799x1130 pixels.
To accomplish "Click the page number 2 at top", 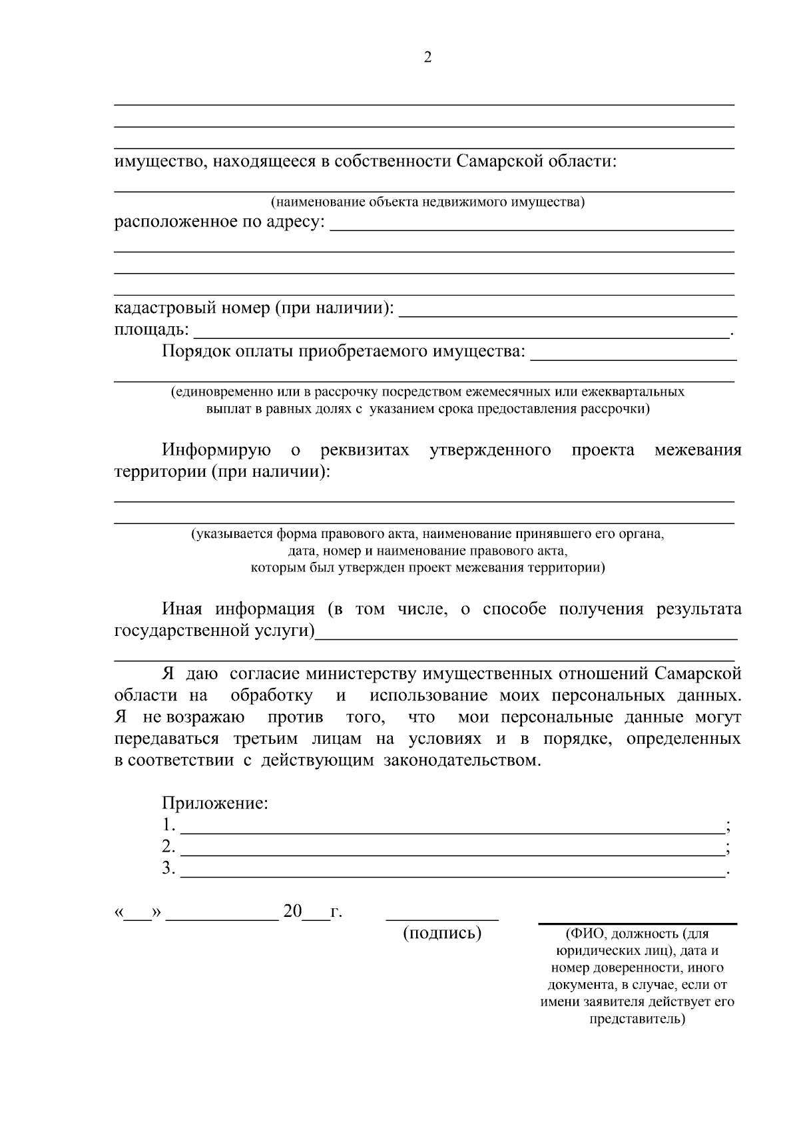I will tap(427, 57).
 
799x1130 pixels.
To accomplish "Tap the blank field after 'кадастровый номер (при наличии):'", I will tap(567, 314).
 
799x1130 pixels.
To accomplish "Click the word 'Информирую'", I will tap(216, 450).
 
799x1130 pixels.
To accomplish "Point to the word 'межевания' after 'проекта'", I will tap(697, 450).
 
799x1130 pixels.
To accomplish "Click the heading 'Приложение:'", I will tap(215, 803).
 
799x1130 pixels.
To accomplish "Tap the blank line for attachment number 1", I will tap(453, 832).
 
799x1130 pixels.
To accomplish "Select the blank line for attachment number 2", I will tap(453, 854).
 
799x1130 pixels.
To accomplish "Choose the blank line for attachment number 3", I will tap(453, 876).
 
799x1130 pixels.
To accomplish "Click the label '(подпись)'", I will tap(442, 933).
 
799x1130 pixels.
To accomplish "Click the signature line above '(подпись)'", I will tap(442, 919).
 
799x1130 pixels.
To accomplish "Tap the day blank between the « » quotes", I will tap(138, 918).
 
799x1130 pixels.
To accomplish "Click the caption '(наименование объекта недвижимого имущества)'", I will tap(427, 202).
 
